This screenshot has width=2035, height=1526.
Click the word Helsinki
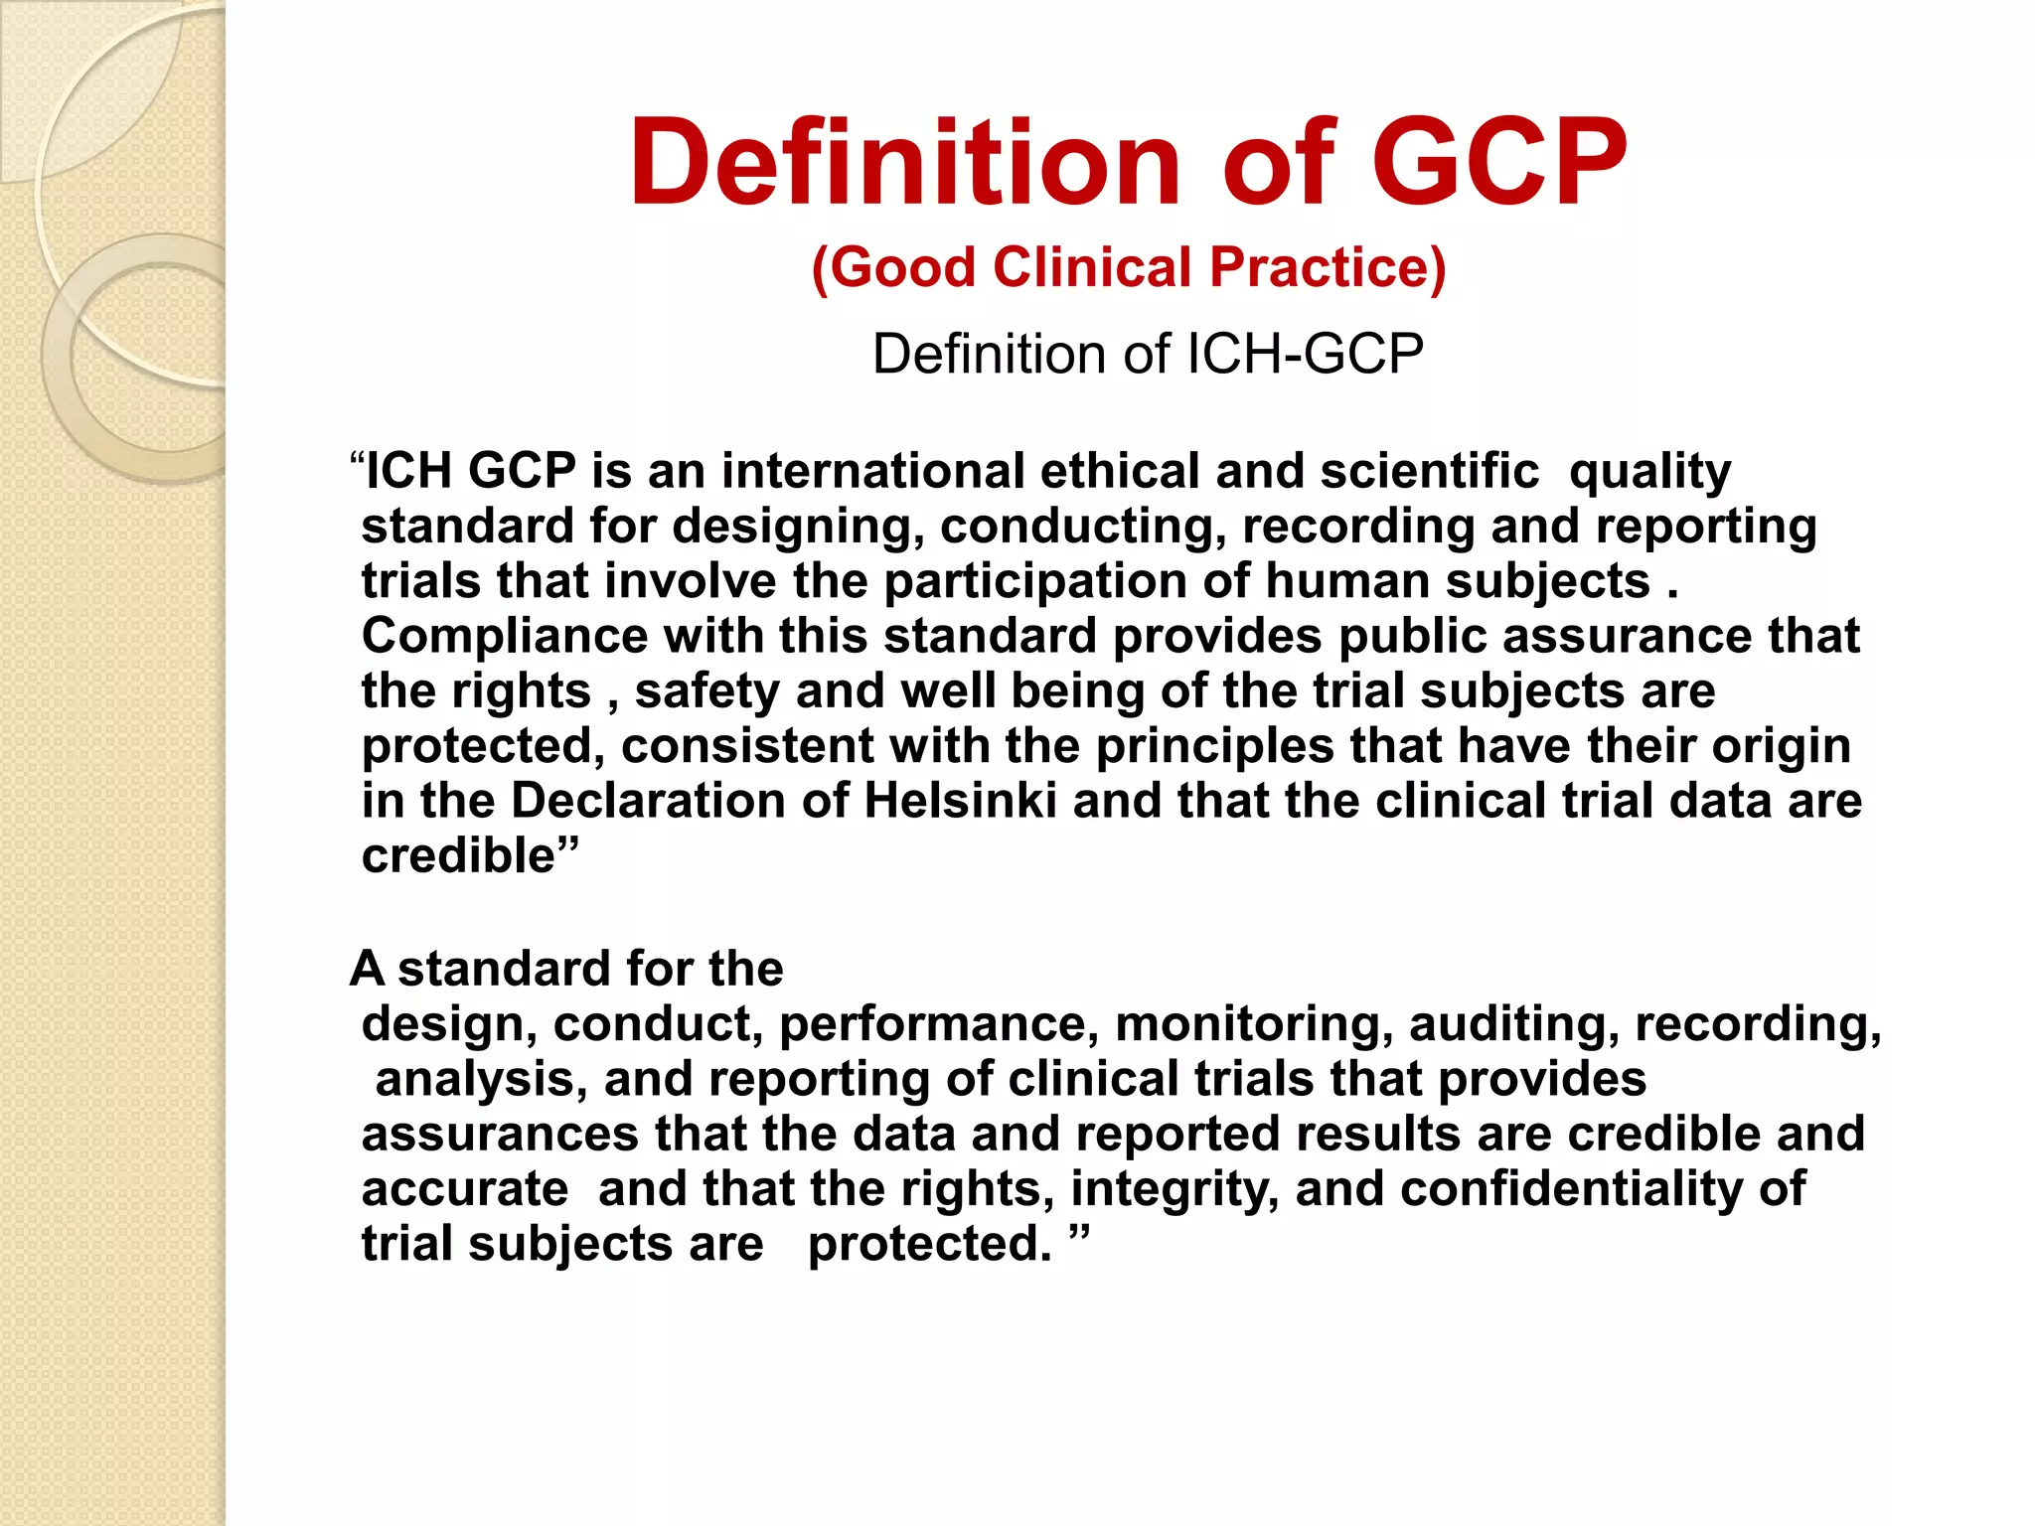pyautogui.click(x=960, y=801)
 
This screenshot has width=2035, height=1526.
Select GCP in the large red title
pyautogui.click(x=1499, y=162)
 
